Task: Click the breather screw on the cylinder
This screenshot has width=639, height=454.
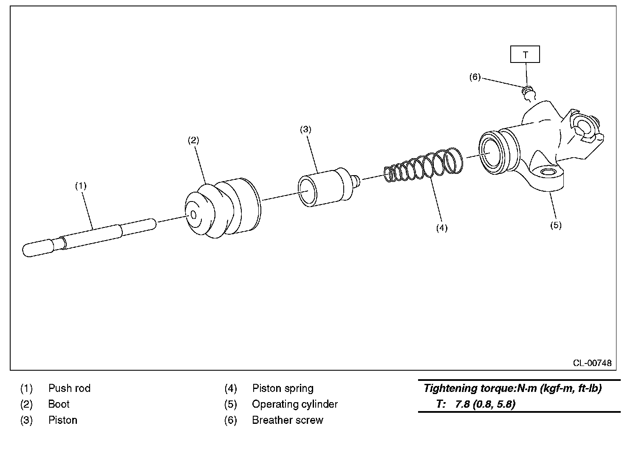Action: point(528,92)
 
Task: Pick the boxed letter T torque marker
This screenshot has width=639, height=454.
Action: point(526,54)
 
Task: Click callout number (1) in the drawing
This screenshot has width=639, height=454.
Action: point(81,186)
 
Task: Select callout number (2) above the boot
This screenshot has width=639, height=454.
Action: point(193,140)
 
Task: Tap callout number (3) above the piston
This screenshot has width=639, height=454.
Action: point(305,129)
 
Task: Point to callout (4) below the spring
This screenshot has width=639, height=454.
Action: point(441,228)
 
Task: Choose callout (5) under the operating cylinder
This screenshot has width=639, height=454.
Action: point(556,225)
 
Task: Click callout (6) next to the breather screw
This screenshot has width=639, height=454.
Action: point(475,77)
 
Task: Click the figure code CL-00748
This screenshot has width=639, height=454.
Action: point(592,363)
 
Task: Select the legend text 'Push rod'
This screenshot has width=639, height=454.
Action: point(69,388)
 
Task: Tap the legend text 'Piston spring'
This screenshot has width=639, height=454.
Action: point(283,388)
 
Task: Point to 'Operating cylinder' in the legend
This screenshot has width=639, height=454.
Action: point(294,404)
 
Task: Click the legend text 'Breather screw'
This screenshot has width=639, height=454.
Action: point(287,420)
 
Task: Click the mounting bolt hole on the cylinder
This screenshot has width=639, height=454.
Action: point(548,173)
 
